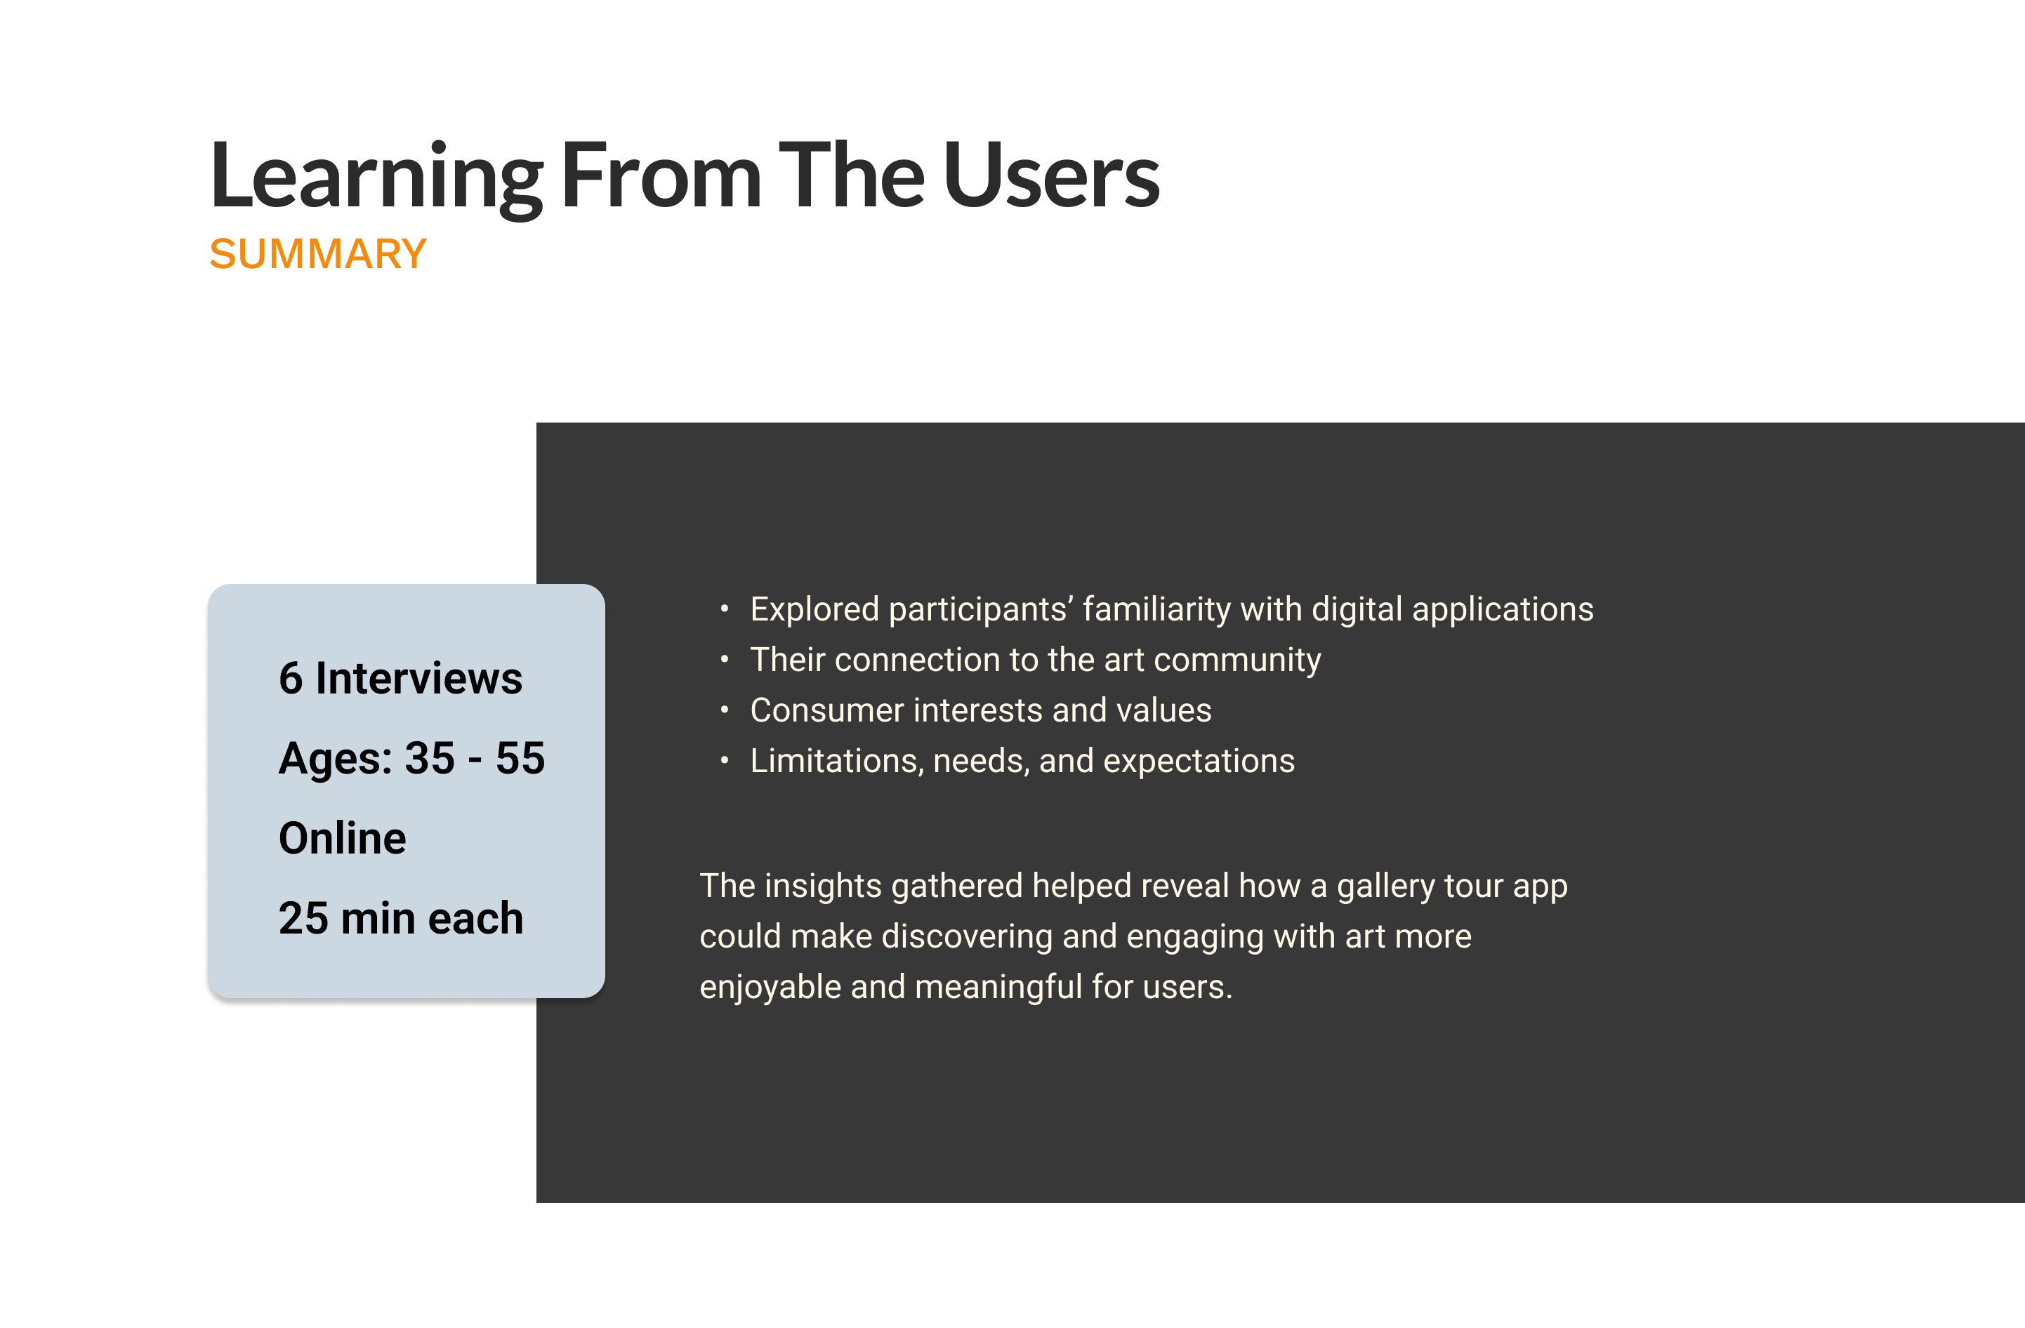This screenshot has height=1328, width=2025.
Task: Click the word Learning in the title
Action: [376, 176]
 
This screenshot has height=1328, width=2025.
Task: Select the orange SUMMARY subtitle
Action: [318, 254]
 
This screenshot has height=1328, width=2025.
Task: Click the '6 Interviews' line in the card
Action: [400, 679]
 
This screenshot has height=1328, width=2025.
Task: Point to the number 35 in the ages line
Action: [430, 758]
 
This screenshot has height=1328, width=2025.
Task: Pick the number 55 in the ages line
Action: [520, 758]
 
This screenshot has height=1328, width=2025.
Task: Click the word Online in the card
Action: [343, 839]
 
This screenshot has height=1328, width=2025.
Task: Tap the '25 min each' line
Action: [401, 919]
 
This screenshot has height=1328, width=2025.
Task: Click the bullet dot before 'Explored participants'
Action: [724, 609]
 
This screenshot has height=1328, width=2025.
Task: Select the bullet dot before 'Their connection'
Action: [724, 659]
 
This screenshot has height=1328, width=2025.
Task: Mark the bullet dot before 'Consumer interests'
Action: [724, 710]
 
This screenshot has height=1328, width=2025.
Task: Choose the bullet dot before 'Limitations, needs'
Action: [724, 759]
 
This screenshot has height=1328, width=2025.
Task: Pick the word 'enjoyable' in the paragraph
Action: [770, 988]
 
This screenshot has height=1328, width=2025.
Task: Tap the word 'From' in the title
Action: [661, 176]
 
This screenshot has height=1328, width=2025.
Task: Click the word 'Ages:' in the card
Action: [335, 759]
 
